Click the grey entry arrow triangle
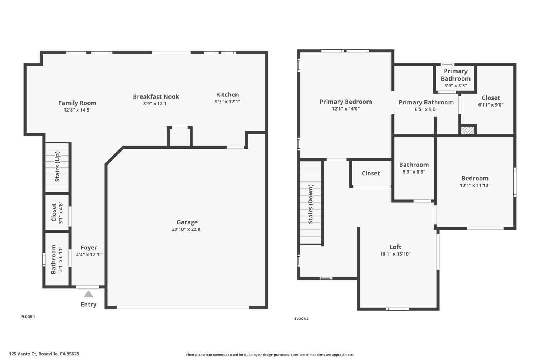(x=89, y=294)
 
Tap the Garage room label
(x=187, y=222)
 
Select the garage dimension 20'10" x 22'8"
(x=187, y=229)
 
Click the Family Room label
(x=77, y=103)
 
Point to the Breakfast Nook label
(x=156, y=96)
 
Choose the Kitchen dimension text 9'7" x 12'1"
(x=227, y=102)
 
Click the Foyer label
(x=89, y=248)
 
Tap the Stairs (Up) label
(x=57, y=167)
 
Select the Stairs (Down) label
(x=311, y=204)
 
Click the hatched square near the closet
(x=468, y=130)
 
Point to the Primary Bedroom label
(x=346, y=102)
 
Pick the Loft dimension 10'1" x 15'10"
(x=395, y=254)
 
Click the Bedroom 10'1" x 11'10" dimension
(x=475, y=185)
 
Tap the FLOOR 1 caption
(x=28, y=317)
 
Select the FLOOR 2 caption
(x=301, y=319)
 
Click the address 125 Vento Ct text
(x=44, y=354)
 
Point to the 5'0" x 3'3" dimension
(x=455, y=86)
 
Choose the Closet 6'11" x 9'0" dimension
(x=491, y=105)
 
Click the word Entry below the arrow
(x=89, y=305)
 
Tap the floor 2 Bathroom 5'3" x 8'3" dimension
(x=414, y=172)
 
